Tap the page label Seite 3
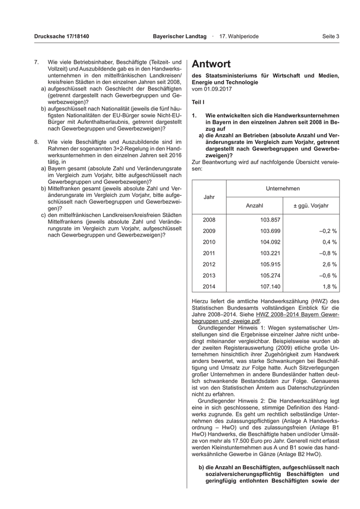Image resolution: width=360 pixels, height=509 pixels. click(x=331, y=37)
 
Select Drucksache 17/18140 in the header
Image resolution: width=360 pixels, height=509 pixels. click(x=62, y=37)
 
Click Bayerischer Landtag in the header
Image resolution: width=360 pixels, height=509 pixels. click(x=179, y=37)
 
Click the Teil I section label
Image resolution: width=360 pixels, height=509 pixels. click(x=198, y=102)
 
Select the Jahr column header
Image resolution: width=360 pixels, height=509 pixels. click(x=209, y=197)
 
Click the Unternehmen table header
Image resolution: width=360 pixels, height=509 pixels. click(x=283, y=189)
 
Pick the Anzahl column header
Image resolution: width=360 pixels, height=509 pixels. click(x=255, y=206)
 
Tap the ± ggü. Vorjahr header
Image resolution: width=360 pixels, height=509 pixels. click(x=311, y=206)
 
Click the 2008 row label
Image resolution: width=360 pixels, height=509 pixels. click(x=209, y=220)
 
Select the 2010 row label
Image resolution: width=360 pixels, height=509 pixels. click(x=209, y=242)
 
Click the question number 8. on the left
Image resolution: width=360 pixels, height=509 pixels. click(x=36, y=141)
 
